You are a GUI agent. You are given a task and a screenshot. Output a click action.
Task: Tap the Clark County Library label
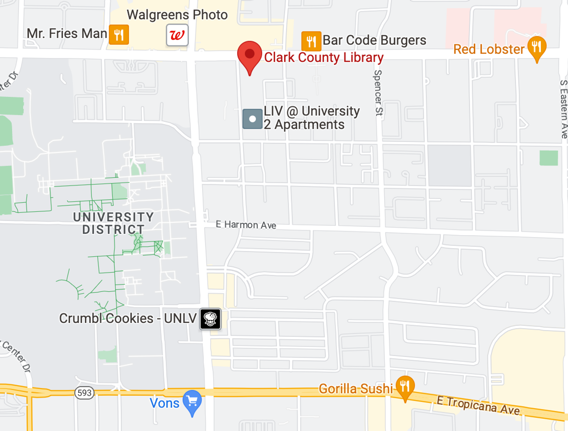click(324, 57)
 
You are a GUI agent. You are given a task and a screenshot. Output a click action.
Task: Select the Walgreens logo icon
click(177, 35)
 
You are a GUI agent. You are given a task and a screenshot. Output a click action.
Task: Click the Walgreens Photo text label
click(177, 15)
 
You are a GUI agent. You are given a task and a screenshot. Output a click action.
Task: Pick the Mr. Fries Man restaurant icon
click(119, 35)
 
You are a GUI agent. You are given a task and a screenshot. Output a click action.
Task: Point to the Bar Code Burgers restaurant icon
click(311, 41)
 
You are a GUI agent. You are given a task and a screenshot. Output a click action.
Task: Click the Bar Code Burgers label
click(374, 40)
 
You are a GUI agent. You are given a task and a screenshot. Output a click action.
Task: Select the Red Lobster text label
click(489, 49)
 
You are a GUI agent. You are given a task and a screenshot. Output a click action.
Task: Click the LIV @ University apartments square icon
click(252, 119)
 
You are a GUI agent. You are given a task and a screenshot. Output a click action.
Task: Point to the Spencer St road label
click(378, 93)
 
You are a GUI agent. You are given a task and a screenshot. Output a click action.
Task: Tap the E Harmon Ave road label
click(246, 225)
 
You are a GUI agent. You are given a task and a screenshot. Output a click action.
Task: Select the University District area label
click(113, 223)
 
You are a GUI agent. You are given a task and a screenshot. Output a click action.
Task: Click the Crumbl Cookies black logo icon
click(210, 319)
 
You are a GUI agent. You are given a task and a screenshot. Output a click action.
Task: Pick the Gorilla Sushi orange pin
click(405, 386)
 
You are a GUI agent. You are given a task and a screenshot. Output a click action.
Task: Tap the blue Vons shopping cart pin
click(192, 401)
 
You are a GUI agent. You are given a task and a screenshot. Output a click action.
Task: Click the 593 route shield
click(85, 393)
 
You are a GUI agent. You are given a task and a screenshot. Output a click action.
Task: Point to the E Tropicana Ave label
click(478, 405)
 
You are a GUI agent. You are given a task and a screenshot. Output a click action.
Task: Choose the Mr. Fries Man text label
click(67, 33)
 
